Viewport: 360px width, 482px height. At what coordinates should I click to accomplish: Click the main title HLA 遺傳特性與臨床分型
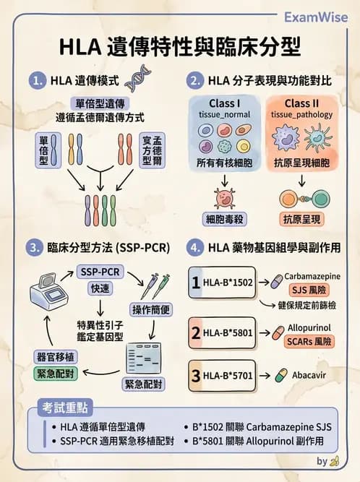[180, 48]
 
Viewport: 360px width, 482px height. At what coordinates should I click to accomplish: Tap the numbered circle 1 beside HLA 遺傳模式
[36, 80]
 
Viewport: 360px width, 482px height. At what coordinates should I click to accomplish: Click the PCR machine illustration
[46, 293]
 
